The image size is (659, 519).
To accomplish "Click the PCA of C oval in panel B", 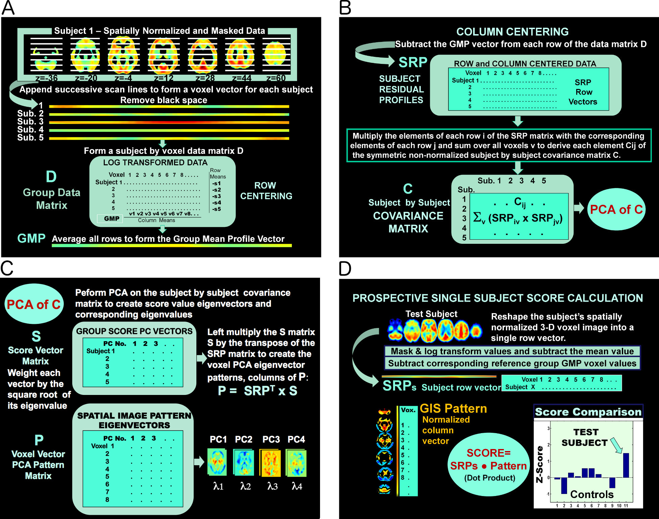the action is [x=616, y=210].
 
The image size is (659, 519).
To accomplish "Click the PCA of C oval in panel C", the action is [x=34, y=304].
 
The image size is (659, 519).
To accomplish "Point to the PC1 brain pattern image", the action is [x=217, y=462].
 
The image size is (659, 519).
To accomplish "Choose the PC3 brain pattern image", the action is [x=270, y=462].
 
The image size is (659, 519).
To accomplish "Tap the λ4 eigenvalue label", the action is [x=297, y=487].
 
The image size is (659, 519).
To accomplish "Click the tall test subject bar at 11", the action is [x=626, y=465].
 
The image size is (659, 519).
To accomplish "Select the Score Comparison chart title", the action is [x=588, y=412].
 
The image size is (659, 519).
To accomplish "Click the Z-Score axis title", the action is [x=540, y=464].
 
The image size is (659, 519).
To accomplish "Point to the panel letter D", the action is [x=345, y=269].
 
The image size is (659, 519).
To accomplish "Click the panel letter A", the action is [x=8, y=8].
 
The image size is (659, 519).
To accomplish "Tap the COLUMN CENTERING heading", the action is [x=512, y=32].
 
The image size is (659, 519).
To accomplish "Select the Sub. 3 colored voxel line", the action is [x=169, y=122].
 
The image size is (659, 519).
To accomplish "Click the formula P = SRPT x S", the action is [x=258, y=391].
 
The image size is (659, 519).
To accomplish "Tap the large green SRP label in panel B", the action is [x=413, y=63].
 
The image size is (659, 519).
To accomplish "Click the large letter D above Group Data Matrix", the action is [x=51, y=177].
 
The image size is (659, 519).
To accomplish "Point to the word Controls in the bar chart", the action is [x=592, y=494].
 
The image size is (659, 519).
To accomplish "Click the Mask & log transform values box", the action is [x=512, y=351].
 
